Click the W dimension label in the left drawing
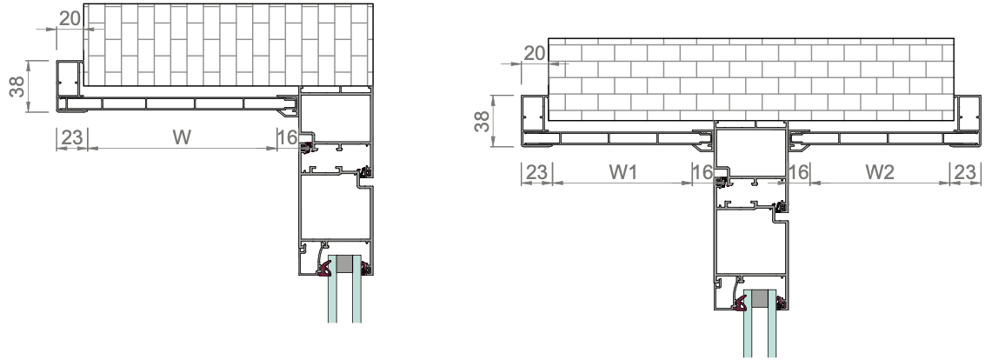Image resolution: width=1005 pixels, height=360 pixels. click(182, 137)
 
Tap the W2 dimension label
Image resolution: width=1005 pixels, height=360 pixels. click(880, 171)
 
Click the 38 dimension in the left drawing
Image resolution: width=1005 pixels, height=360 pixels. click(18, 86)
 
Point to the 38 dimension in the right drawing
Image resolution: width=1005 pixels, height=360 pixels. click(483, 121)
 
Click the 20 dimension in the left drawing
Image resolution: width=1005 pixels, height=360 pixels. click(70, 18)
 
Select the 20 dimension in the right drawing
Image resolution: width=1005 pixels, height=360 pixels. click(535, 53)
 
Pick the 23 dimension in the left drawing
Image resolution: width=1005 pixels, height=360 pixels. click(72, 137)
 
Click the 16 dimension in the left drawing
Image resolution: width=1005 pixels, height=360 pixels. click(288, 137)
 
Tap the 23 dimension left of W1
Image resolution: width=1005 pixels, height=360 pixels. click(536, 171)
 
